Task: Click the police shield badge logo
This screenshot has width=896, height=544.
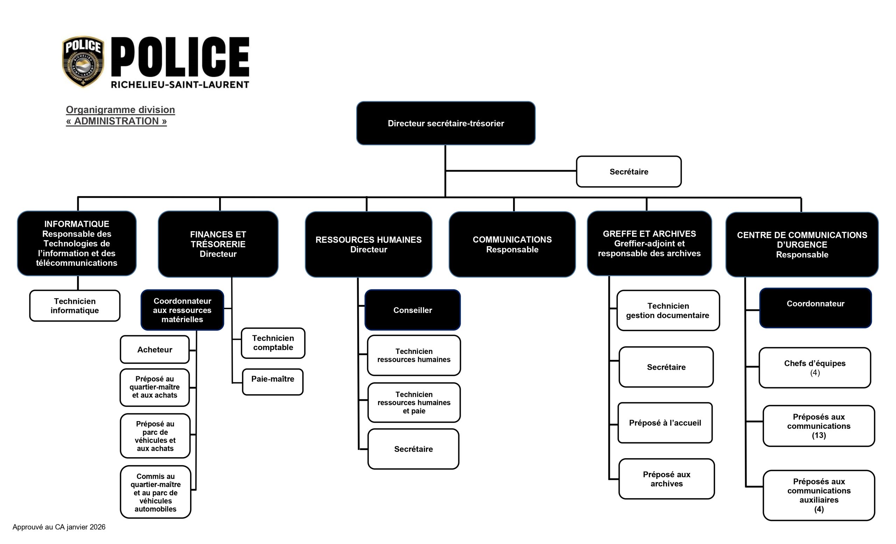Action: pyautogui.click(x=83, y=62)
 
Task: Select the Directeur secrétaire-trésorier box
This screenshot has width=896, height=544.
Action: pyautogui.click(x=446, y=123)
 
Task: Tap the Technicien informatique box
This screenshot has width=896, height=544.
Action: pyautogui.click(x=75, y=306)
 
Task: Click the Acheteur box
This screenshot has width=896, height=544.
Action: pyautogui.click(x=155, y=349)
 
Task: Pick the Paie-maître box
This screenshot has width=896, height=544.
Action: pyautogui.click(x=273, y=382)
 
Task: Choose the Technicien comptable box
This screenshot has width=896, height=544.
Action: pyautogui.click(x=273, y=343)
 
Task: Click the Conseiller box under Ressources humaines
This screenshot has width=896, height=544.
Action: pyautogui.click(x=413, y=310)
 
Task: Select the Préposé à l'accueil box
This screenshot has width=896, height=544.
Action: pyautogui.click(x=665, y=423)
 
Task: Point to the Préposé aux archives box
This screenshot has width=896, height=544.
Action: pyautogui.click(x=666, y=479)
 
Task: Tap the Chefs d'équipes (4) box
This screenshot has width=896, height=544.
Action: pyautogui.click(x=815, y=368)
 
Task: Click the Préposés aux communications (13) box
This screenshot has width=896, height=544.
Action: pyautogui.click(x=819, y=426)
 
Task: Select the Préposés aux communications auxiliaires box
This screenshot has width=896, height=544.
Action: pyautogui.click(x=819, y=495)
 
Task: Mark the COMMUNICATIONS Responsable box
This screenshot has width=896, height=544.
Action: pyautogui.click(x=512, y=244)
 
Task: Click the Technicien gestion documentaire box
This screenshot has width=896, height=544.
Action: pyautogui.click(x=668, y=311)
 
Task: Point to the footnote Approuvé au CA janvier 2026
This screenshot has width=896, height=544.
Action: pyautogui.click(x=59, y=527)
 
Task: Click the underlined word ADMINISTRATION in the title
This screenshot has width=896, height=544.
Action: pyautogui.click(x=116, y=121)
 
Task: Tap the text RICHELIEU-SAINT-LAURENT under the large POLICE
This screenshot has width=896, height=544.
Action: pyautogui.click(x=180, y=85)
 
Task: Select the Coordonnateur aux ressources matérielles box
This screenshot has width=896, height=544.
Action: pyautogui.click(x=182, y=310)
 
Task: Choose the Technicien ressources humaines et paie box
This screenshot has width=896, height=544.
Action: pyautogui.click(x=414, y=403)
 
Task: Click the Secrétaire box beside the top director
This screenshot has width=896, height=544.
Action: pyautogui.click(x=629, y=172)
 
